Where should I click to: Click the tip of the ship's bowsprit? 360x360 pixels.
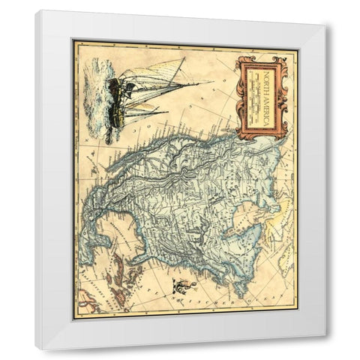click(210, 82)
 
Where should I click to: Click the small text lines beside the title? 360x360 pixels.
click(266, 97)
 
